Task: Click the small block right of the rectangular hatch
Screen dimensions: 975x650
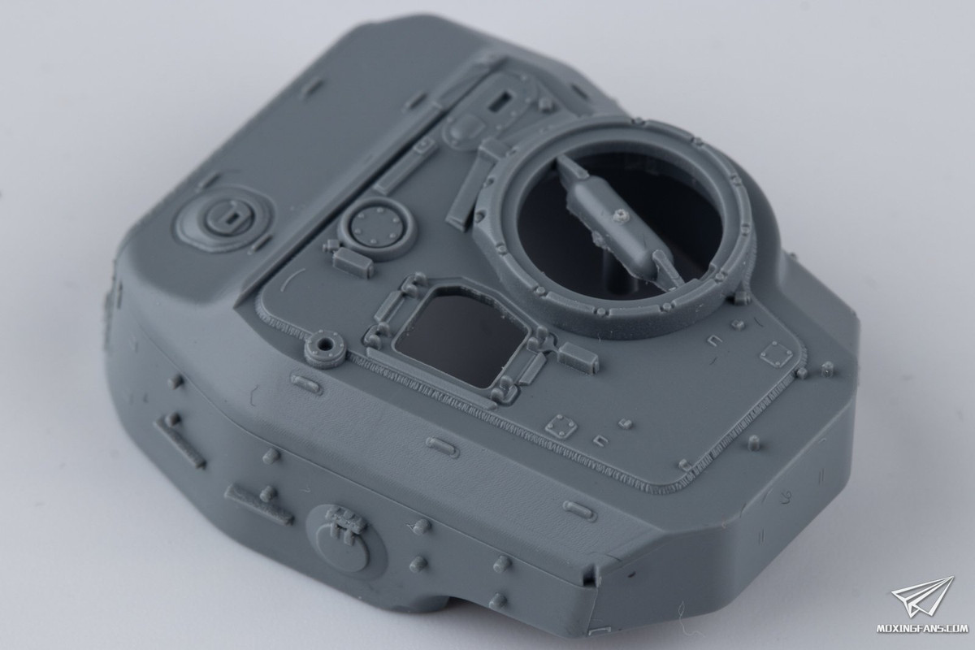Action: click(x=577, y=353)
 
